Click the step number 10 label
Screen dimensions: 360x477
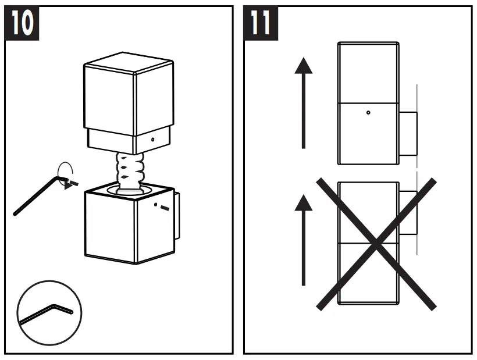pyautogui.click(x=22, y=24)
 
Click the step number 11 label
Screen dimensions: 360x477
pyautogui.click(x=261, y=24)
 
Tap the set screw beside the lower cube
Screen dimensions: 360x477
pyautogui.click(x=164, y=208)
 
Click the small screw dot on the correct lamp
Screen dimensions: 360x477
pyautogui.click(x=368, y=112)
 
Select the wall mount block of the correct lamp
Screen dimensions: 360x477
pyautogui.click(x=408, y=134)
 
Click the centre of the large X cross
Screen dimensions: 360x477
pyautogui.click(x=376, y=243)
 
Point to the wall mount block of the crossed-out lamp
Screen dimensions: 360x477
pyautogui.click(x=408, y=213)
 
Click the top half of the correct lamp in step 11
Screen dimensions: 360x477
pyautogui.click(x=368, y=73)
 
